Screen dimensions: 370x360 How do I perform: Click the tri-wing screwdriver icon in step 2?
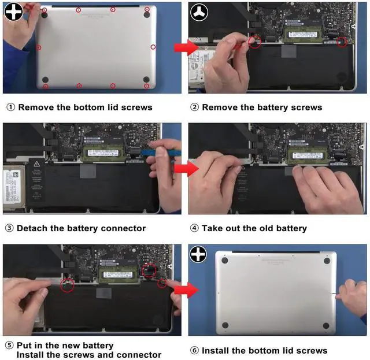coord(199,13)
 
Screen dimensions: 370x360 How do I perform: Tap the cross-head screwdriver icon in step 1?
coord(14,12)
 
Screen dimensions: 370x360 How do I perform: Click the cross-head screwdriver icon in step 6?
coord(198,254)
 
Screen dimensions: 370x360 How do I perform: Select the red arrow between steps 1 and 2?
coord(186,47)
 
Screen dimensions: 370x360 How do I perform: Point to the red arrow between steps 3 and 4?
coord(186,168)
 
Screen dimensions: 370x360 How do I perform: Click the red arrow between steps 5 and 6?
coord(186,290)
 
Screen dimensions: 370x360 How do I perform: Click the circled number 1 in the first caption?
coord(10,107)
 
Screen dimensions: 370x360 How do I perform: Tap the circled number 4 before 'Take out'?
coord(194,228)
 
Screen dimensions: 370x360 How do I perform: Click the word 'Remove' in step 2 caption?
coord(220,107)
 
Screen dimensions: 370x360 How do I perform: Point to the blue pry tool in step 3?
coord(161,153)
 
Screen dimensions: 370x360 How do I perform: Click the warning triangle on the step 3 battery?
coord(36,164)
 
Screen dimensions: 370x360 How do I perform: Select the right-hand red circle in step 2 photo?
coord(342,42)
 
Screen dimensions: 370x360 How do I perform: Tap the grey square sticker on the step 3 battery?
coord(88,171)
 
